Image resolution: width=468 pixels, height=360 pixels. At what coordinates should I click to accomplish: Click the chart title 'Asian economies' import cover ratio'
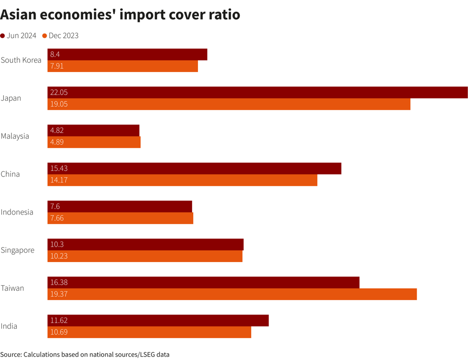[120, 14]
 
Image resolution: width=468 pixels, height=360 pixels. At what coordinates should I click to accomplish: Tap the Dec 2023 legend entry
[61, 36]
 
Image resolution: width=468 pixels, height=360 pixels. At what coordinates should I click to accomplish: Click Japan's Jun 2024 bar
[258, 93]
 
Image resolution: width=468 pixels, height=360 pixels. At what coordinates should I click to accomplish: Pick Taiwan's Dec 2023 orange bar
[232, 294]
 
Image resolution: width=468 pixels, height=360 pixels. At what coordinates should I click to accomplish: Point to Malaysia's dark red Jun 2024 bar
[93, 131]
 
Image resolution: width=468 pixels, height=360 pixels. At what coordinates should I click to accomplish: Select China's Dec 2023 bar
[182, 180]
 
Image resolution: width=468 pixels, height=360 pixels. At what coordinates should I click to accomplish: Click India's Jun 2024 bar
[158, 321]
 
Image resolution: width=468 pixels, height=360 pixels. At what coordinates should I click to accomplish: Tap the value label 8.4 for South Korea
[55, 55]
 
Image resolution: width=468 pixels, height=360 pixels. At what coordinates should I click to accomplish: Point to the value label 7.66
[57, 218]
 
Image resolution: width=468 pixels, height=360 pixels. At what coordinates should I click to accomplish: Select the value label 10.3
[57, 244]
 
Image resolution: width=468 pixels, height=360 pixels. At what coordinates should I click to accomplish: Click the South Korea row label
[21, 60]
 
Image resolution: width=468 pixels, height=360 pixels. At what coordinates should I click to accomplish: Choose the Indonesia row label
[17, 212]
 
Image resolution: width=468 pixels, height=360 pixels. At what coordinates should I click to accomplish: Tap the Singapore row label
[18, 250]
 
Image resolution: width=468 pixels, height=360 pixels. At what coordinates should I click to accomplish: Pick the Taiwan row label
[12, 288]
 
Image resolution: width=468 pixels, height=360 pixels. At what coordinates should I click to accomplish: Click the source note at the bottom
[85, 355]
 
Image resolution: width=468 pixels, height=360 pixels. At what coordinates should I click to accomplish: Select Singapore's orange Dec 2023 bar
[145, 256]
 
